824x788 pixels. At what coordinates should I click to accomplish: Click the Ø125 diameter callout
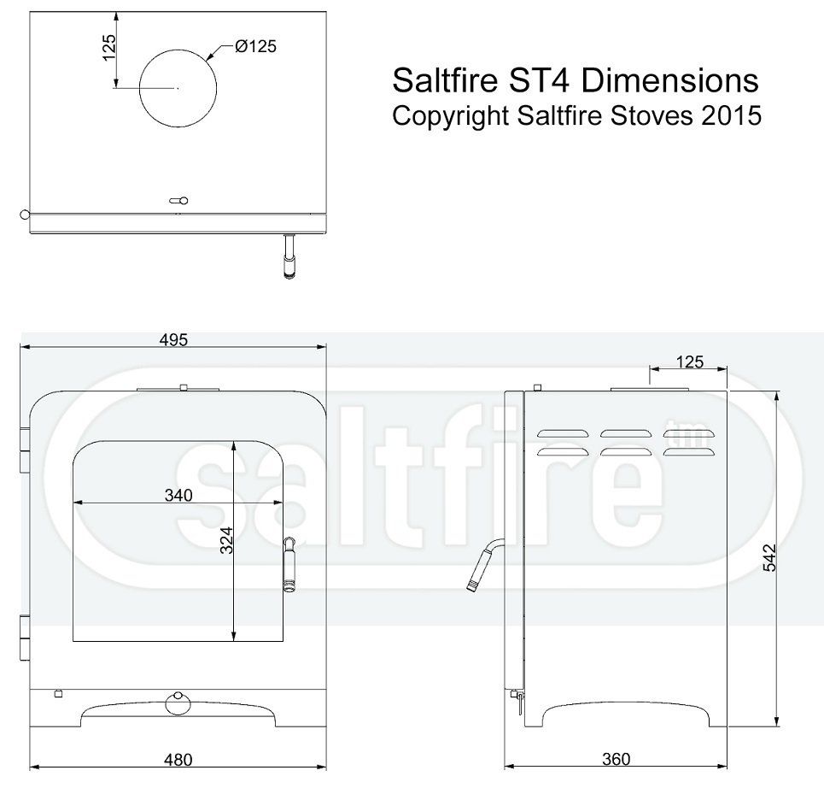pyautogui.click(x=256, y=46)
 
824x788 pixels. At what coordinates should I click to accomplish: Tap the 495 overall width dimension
pyautogui.click(x=173, y=340)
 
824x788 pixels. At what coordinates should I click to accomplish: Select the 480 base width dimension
pyautogui.click(x=178, y=760)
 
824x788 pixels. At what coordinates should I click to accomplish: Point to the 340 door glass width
pyautogui.click(x=178, y=495)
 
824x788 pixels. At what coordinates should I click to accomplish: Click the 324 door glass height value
pyautogui.click(x=226, y=539)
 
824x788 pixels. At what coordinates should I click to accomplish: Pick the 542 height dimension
pyautogui.click(x=769, y=557)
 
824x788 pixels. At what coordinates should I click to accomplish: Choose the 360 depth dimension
pyautogui.click(x=616, y=759)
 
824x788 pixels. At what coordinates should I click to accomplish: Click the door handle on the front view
pyautogui.click(x=289, y=564)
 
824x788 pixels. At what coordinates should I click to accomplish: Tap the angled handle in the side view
pyautogui.click(x=484, y=563)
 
